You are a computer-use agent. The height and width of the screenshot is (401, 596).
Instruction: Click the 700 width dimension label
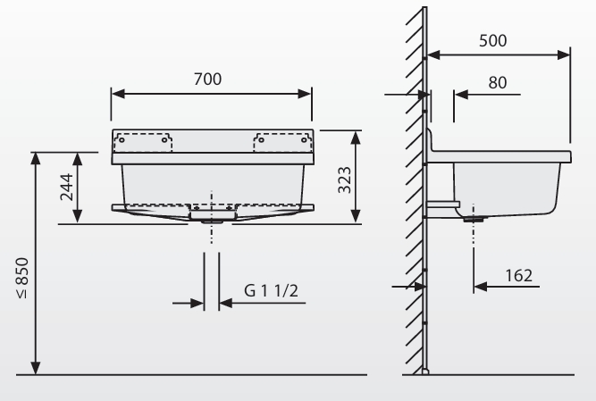point(207,79)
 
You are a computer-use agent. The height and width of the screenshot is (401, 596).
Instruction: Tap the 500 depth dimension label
point(492,40)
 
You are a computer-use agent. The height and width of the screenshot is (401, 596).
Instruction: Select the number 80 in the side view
point(497,82)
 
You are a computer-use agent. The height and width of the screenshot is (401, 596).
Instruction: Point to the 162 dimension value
point(519,275)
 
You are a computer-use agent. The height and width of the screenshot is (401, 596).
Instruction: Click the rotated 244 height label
point(67,187)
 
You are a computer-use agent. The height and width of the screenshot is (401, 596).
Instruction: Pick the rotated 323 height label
point(345,180)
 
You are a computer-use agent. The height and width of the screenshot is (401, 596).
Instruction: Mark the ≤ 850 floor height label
point(23,278)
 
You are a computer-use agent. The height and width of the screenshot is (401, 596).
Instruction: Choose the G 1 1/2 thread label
point(271,291)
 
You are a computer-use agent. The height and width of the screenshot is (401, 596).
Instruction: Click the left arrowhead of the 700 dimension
point(118,94)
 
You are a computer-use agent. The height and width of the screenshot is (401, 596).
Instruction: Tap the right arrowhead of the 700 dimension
point(305,94)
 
